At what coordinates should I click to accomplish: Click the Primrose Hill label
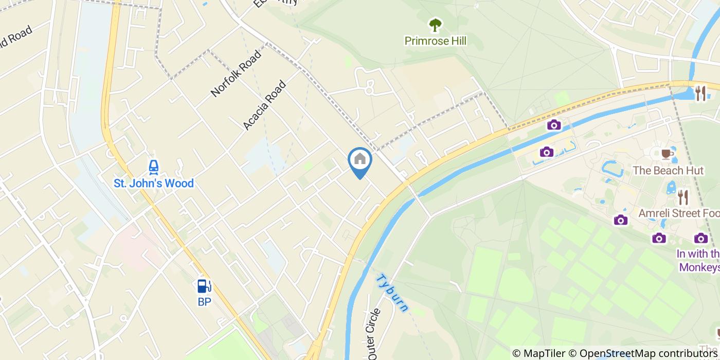(x=435, y=41)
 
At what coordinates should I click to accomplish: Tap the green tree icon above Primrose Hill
(x=435, y=25)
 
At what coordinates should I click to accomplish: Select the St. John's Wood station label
(x=153, y=183)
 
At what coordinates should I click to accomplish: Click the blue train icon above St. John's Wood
(x=153, y=167)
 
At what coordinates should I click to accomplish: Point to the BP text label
(x=204, y=302)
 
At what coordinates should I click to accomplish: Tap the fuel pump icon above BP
(x=204, y=286)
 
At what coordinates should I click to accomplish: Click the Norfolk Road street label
(x=236, y=73)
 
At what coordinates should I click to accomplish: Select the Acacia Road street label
(x=264, y=105)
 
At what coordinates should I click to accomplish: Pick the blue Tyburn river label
(x=392, y=293)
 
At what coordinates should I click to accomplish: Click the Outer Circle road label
(x=373, y=334)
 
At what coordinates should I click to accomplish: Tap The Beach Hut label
(x=668, y=171)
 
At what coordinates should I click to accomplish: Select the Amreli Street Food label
(x=679, y=213)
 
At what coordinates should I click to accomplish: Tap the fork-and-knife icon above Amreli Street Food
(x=682, y=197)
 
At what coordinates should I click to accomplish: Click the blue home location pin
(x=360, y=160)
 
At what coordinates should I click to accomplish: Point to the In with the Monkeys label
(x=698, y=260)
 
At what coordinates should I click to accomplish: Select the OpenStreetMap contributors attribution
(x=643, y=353)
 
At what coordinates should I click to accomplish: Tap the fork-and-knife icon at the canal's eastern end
(x=700, y=93)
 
